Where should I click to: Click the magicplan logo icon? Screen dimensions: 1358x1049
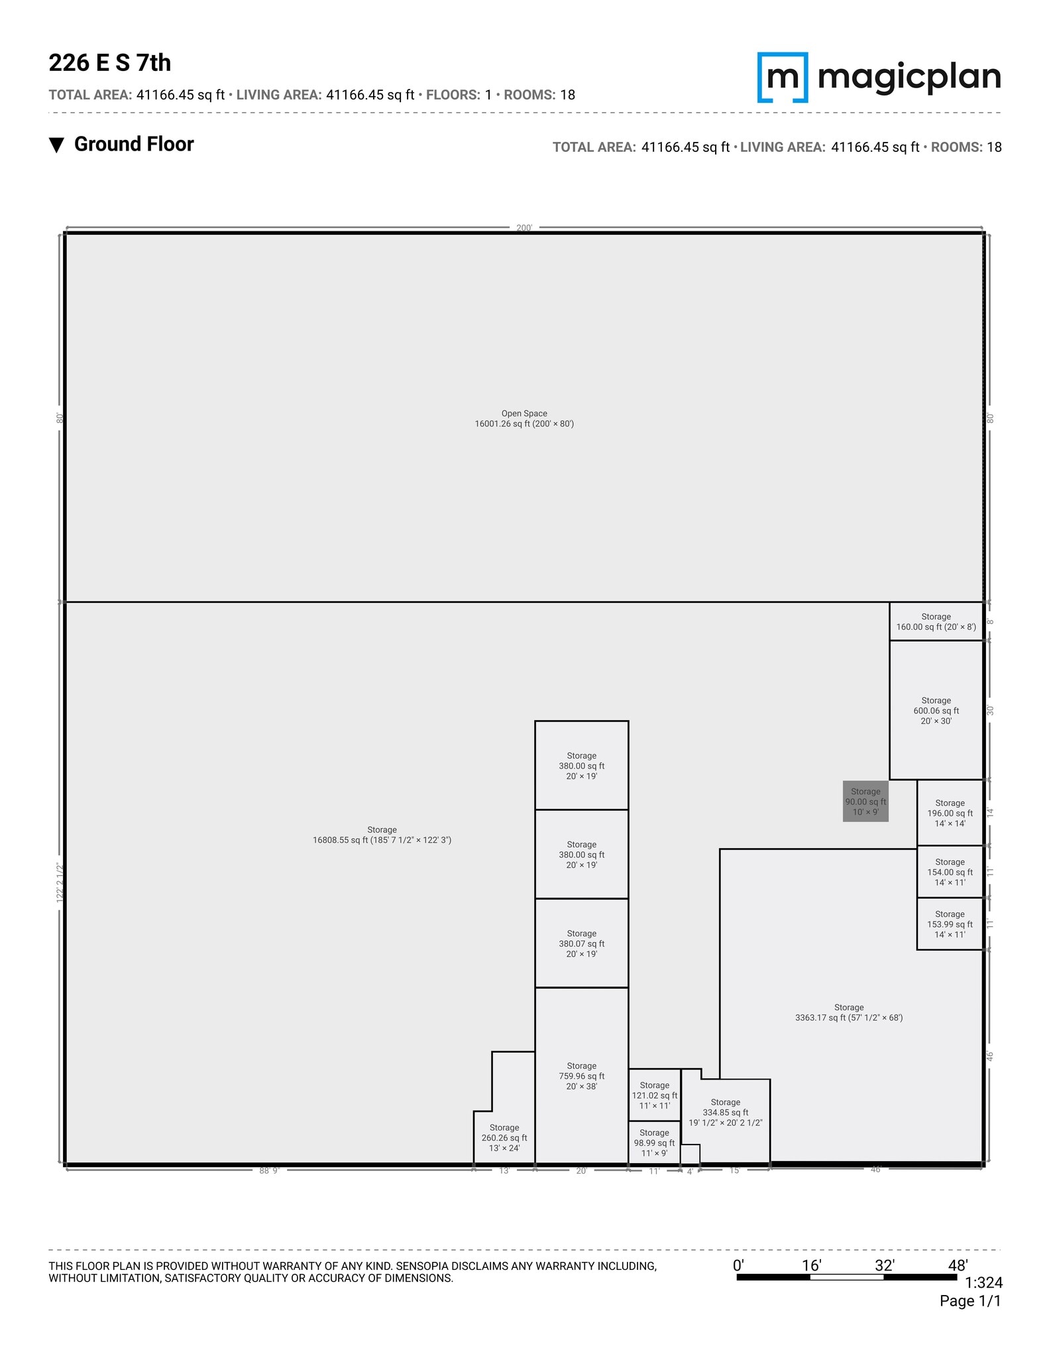(x=783, y=78)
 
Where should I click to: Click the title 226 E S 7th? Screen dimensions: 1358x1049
(x=110, y=63)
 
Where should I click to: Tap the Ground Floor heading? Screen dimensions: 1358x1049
(x=133, y=145)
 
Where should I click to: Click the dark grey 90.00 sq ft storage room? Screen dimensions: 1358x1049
(x=865, y=801)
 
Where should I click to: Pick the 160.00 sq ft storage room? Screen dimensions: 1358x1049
(x=936, y=621)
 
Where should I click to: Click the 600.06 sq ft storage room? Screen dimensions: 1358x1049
(x=936, y=710)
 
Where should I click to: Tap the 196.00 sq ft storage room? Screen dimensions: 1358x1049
(x=950, y=813)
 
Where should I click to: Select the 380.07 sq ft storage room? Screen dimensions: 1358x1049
(x=581, y=943)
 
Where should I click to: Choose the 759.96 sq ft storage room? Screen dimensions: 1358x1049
(x=581, y=1076)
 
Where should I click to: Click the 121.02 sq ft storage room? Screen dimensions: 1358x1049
(x=654, y=1095)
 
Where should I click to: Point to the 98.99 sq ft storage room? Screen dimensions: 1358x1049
(x=654, y=1142)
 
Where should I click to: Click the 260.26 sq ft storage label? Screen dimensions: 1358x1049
(x=504, y=1137)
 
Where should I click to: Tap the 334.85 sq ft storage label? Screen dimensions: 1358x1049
(x=726, y=1112)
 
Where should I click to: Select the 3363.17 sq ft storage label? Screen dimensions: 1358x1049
(x=849, y=1012)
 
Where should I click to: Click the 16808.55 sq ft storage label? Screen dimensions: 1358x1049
(x=382, y=835)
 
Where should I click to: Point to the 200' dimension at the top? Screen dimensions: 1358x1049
(x=524, y=228)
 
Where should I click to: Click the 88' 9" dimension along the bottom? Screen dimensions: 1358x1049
(x=269, y=1171)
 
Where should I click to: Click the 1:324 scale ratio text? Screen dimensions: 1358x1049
(x=983, y=1283)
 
